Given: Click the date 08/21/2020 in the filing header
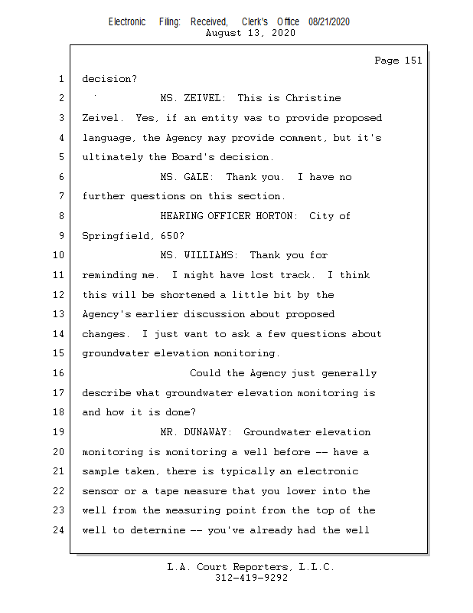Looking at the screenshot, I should click(329, 22).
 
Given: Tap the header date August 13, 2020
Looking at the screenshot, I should click(251, 34).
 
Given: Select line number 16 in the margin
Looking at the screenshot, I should click(60, 373).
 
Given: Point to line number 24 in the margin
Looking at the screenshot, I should click(60, 529).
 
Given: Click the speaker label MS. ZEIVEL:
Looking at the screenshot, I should click(193, 98).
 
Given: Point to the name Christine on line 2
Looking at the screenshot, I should click(313, 98).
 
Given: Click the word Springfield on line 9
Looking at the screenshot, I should click(118, 236).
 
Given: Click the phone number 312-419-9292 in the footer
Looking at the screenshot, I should click(251, 578).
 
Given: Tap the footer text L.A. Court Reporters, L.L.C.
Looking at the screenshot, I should click(251, 568).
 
